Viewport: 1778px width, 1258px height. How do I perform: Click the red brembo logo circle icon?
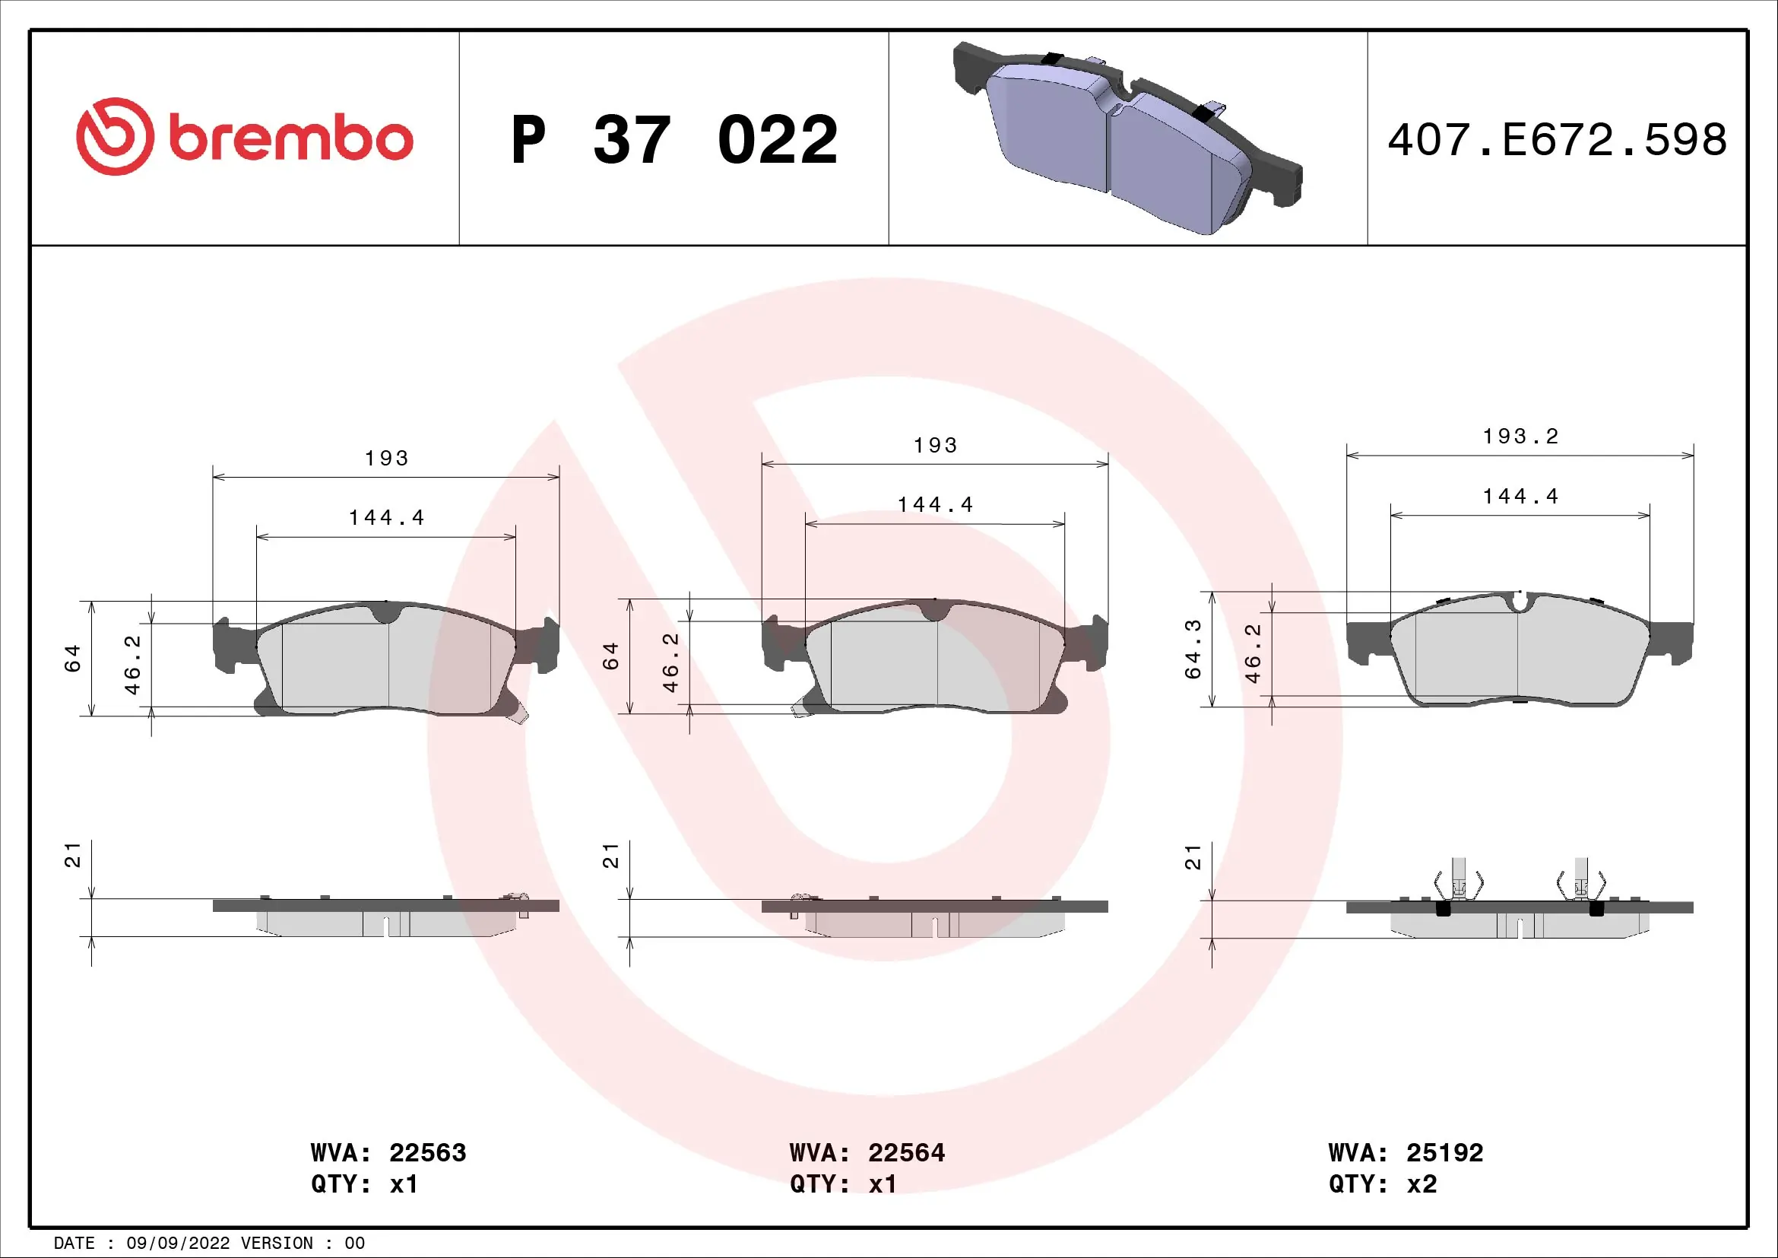[x=115, y=136]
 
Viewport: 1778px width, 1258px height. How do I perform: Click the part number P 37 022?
[x=673, y=141]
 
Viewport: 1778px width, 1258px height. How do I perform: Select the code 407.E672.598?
[x=1557, y=140]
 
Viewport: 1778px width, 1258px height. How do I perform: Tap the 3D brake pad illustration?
[x=1127, y=138]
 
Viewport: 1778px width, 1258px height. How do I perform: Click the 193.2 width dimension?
[x=1520, y=437]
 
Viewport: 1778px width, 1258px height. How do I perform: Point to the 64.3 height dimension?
[x=1193, y=649]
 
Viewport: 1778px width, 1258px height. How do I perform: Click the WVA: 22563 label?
[x=388, y=1152]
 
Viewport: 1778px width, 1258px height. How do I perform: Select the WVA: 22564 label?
[x=867, y=1152]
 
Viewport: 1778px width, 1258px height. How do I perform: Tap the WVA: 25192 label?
[x=1406, y=1152]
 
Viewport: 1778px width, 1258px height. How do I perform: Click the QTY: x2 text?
[x=1382, y=1184]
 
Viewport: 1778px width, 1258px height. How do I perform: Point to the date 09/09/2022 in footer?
[x=178, y=1244]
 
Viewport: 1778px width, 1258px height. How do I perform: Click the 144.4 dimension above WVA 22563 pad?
[x=386, y=517]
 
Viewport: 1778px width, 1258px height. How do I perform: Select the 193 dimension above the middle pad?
[x=936, y=446]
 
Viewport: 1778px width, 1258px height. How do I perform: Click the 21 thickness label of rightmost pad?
[x=1193, y=857]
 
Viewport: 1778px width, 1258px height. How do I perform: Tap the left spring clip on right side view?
[x=1459, y=884]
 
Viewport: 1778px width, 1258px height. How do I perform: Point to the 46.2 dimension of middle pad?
[x=670, y=662]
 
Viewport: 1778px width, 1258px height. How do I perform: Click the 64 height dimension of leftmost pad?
[x=73, y=659]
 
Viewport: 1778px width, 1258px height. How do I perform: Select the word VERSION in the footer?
[x=277, y=1244]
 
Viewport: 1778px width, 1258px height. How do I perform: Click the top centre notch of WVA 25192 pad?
[x=1520, y=601]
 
